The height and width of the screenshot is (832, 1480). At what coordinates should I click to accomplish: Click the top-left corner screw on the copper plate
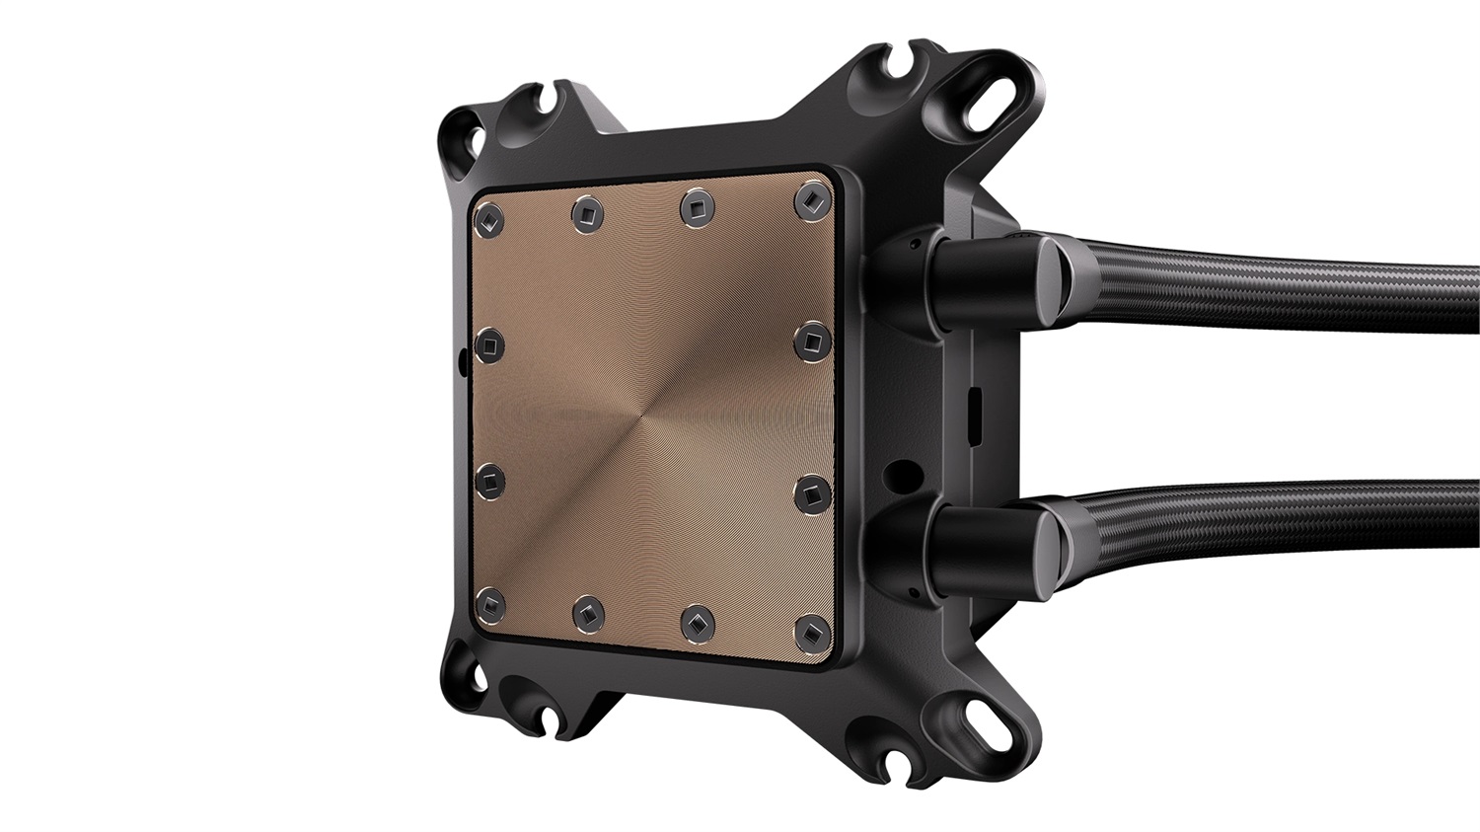489,220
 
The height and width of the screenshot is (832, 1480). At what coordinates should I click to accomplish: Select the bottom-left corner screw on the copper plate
489,603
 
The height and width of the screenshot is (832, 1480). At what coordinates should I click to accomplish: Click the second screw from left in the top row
588,211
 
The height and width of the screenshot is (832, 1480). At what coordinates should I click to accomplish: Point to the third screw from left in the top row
698,205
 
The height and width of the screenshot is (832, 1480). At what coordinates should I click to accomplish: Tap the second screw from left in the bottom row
588,612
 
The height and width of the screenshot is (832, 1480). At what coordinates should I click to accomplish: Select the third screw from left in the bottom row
698,621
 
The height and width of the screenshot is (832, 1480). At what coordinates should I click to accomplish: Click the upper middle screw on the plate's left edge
489,345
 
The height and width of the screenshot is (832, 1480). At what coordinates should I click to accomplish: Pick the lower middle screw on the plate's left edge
489,480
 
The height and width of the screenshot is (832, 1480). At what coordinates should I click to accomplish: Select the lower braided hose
1283,517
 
